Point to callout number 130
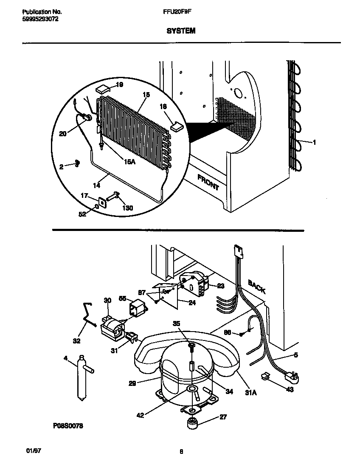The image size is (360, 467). coord(128,208)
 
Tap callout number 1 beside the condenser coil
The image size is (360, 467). coord(314,143)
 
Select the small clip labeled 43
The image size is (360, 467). coord(265,376)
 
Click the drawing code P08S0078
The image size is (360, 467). coord(68,426)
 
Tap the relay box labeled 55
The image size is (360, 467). coord(139,307)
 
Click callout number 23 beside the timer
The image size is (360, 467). coord(220,286)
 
